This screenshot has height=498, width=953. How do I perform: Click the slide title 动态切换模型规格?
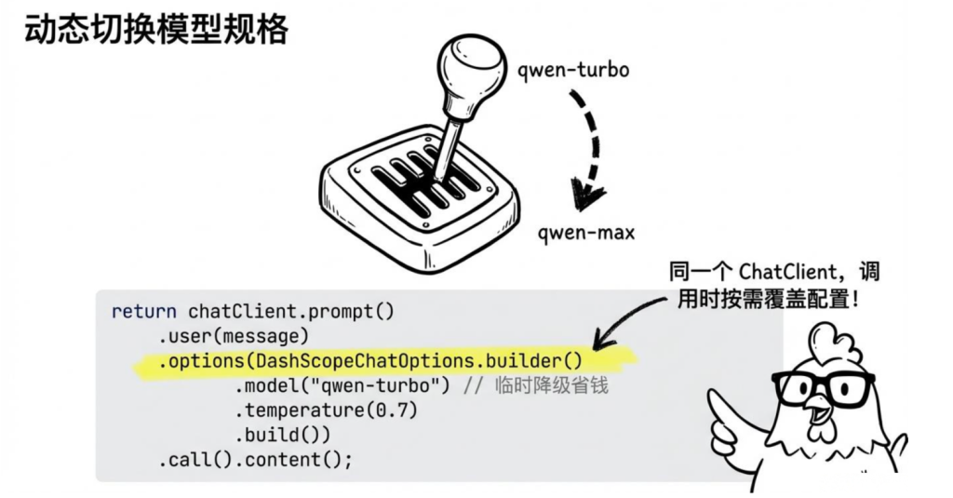click(x=156, y=30)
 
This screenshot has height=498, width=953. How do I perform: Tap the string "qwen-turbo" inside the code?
click(x=396, y=385)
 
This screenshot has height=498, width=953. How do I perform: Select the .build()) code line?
click(x=283, y=436)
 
